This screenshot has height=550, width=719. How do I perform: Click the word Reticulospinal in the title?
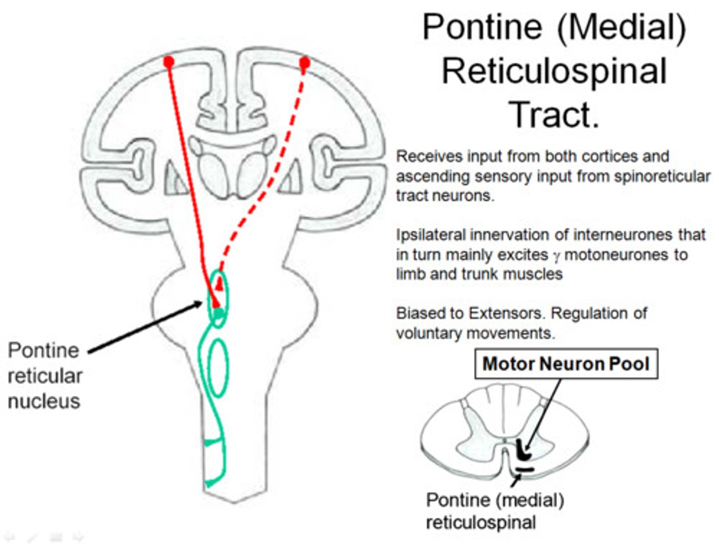click(x=554, y=71)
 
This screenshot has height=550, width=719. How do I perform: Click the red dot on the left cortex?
click(x=169, y=61)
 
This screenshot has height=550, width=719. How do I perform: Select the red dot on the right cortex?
click(x=304, y=62)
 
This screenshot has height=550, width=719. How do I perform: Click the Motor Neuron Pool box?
click(x=566, y=364)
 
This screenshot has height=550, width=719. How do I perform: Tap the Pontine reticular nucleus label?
click(x=44, y=375)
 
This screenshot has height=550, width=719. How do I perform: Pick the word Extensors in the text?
click(x=504, y=313)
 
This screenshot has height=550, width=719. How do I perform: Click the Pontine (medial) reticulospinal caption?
click(x=494, y=511)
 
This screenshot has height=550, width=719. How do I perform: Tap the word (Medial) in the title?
click(x=622, y=27)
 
